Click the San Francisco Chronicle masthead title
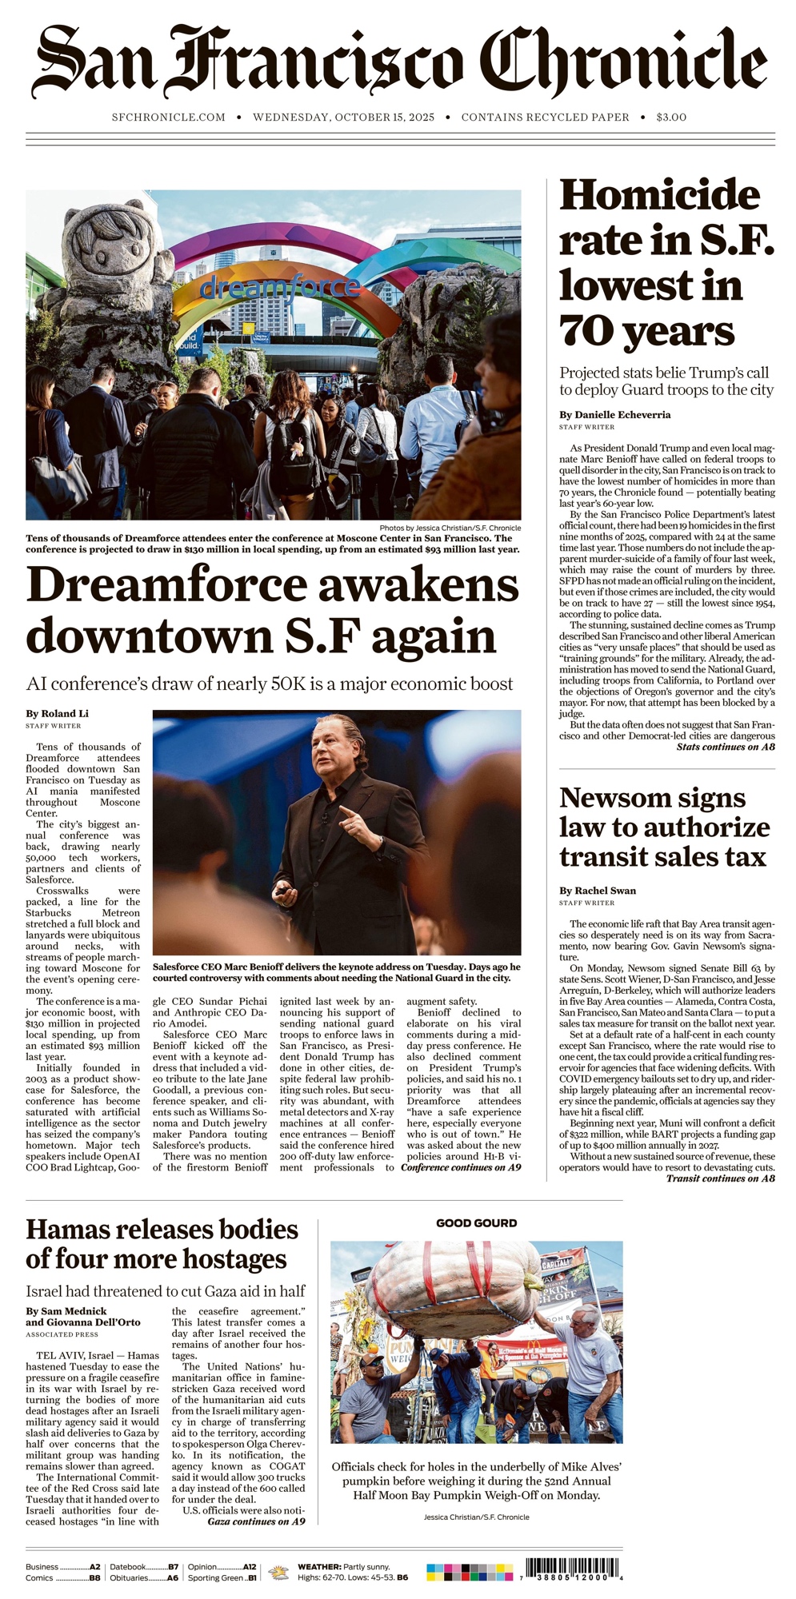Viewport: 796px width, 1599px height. tap(398, 62)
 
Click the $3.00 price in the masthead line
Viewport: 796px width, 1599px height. tap(670, 118)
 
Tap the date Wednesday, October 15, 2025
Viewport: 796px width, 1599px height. tap(343, 118)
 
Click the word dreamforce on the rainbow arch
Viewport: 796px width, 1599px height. tap(279, 285)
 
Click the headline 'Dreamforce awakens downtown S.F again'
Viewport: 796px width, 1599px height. tap(272, 609)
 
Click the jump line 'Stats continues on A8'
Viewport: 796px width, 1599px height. tap(725, 748)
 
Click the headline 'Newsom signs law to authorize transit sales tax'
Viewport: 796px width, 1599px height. tap(664, 827)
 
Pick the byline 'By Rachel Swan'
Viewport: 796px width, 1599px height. tap(598, 891)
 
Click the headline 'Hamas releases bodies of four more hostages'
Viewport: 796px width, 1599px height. tap(162, 1243)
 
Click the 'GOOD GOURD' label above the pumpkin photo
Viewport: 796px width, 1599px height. tap(476, 1223)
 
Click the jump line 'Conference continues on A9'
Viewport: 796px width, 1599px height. tap(461, 1168)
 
